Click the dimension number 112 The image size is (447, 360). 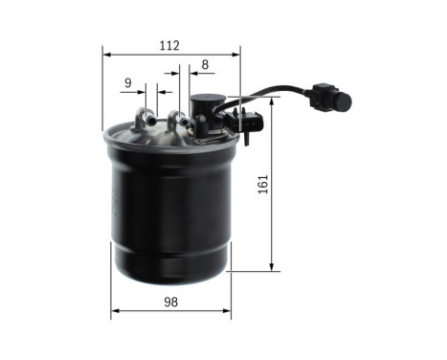pos(169,45)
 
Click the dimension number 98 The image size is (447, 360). pos(170,304)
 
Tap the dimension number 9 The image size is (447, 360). pos(127,83)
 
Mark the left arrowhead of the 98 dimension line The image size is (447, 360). pos(115,311)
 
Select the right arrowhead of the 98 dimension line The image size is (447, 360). pos(227,311)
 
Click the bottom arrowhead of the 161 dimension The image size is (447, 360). pos(271,267)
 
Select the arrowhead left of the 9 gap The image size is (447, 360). pos(142,91)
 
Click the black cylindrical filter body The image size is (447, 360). pos(170,211)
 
